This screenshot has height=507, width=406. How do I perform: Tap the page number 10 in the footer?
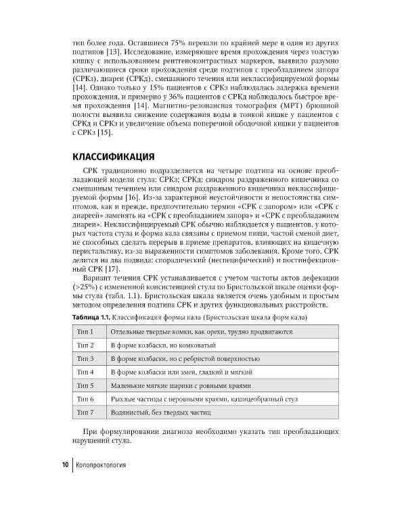(64, 465)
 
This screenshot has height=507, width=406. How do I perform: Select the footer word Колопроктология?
(101, 465)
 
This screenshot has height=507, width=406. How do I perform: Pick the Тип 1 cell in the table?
(89, 332)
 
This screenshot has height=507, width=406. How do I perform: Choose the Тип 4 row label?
(89, 372)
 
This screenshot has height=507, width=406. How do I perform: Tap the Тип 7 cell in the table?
(89, 411)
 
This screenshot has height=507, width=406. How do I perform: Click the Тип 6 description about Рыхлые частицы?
(203, 398)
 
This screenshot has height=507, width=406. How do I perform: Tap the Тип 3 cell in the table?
(89, 358)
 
